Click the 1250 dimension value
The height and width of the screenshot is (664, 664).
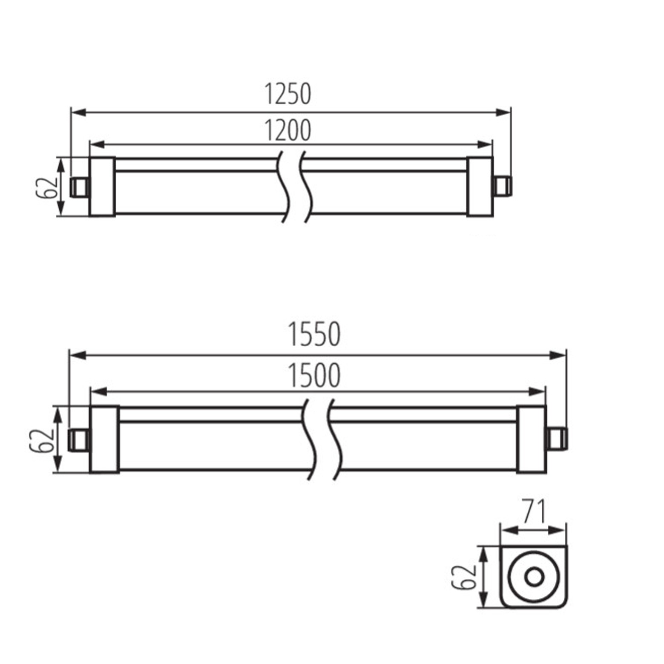click(287, 94)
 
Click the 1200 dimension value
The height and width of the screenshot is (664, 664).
click(287, 131)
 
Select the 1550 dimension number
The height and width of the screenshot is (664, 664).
click(314, 334)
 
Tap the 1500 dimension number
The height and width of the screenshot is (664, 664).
click(314, 376)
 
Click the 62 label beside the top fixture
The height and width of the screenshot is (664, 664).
click(46, 187)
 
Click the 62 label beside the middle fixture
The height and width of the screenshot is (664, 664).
click(41, 440)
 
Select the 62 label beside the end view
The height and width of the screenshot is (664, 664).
click(463, 577)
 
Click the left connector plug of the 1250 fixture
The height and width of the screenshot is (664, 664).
click(79, 187)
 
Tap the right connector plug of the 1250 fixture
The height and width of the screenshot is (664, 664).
click(503, 186)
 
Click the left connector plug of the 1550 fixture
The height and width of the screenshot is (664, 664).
click(78, 440)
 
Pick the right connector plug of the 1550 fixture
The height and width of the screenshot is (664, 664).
click(557, 440)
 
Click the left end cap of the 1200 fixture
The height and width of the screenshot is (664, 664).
click(102, 187)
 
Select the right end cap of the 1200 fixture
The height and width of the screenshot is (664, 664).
click(480, 187)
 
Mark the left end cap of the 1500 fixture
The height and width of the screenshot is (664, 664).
click(105, 440)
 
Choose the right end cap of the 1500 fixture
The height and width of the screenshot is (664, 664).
click(531, 440)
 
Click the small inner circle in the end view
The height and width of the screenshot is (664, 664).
click(534, 577)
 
